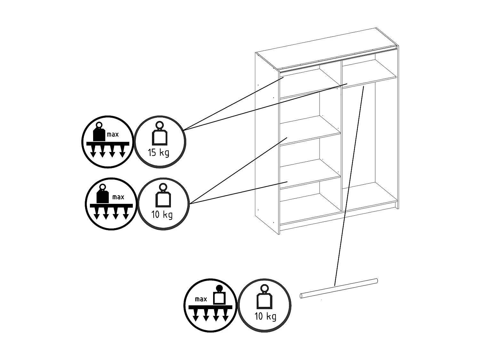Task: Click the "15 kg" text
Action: [x=158, y=152]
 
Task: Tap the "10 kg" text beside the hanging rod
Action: [x=266, y=316]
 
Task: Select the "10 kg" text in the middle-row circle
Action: [x=162, y=214]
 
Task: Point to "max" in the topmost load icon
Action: [x=113, y=134]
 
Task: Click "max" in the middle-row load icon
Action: [x=118, y=197]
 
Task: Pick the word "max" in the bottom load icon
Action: [x=201, y=299]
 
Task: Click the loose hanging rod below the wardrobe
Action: [x=339, y=288]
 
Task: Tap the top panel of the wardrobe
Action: [x=327, y=49]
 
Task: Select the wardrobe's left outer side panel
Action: [x=267, y=143]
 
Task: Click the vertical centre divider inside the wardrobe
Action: [x=341, y=135]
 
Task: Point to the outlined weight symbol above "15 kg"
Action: [x=160, y=133]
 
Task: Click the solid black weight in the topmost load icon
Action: [x=99, y=132]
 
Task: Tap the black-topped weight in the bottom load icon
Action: [x=219, y=295]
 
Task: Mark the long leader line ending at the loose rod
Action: [x=349, y=186]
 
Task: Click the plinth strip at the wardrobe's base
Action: [x=338, y=217]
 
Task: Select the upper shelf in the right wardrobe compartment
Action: [x=369, y=74]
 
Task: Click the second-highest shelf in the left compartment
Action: [x=310, y=131]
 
